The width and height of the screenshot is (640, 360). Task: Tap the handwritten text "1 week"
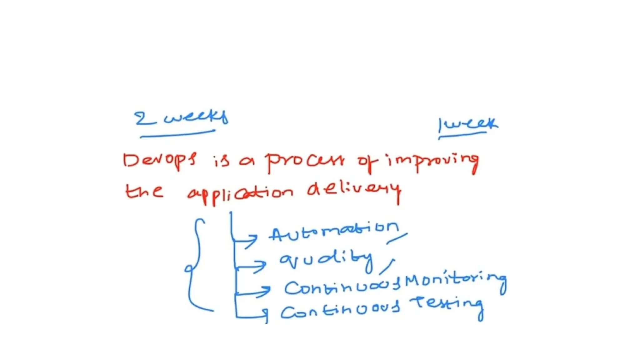(468, 124)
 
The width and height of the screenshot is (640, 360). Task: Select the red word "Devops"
(159, 160)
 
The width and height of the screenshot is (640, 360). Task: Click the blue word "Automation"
(334, 231)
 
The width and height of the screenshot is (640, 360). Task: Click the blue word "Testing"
(447, 304)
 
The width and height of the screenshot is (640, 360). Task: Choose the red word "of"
(367, 162)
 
